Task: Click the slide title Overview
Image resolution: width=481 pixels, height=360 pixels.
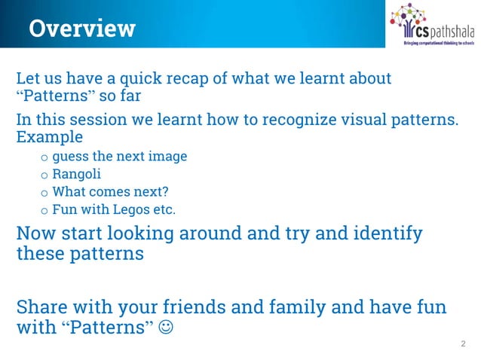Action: tap(82, 29)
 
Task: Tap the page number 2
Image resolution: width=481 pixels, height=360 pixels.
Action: tap(463, 343)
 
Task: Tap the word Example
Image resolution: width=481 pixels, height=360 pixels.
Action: tap(50, 138)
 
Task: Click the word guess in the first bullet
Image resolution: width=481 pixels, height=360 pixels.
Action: tap(69, 157)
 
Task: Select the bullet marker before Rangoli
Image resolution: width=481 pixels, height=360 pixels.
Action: tap(44, 175)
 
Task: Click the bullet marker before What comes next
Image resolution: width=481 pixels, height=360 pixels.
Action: tap(44, 193)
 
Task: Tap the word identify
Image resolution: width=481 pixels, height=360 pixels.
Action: tap(384, 233)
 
